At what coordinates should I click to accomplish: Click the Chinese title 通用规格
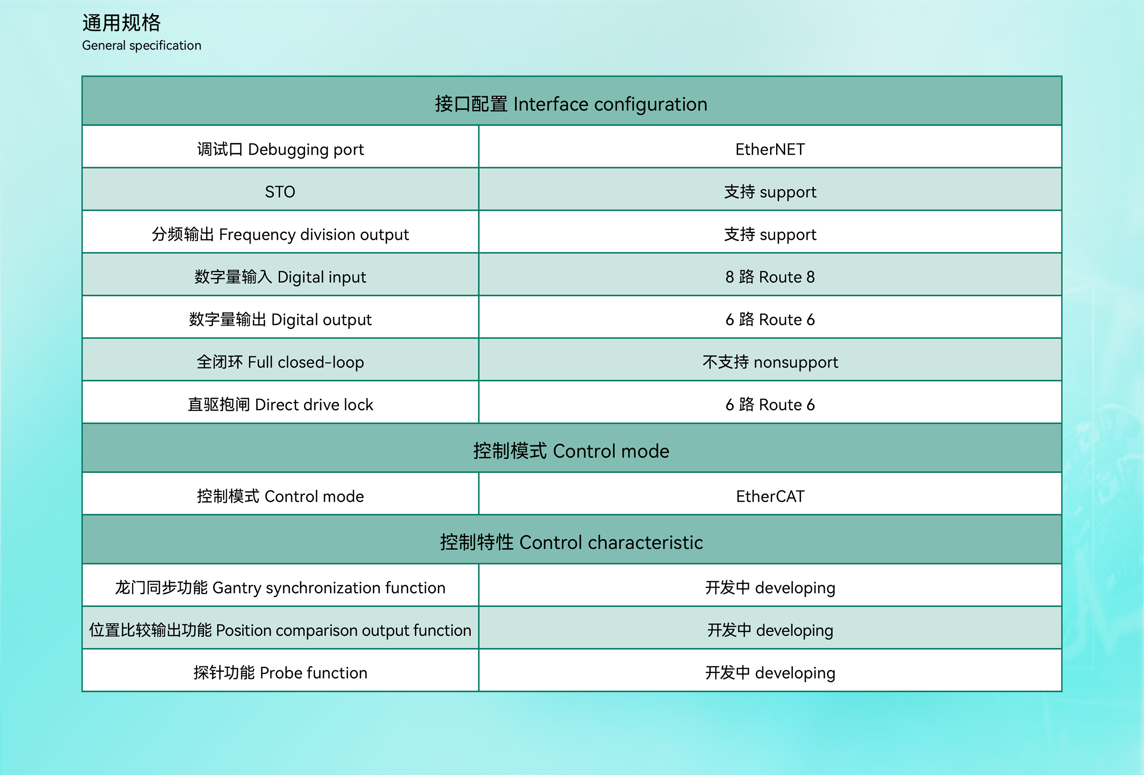122,23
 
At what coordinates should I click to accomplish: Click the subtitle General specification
142,46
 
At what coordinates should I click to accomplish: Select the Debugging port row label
280,149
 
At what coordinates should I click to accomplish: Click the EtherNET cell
770,149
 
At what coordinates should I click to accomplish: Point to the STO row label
280,192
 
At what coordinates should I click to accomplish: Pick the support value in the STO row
770,192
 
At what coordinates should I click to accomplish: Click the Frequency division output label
280,235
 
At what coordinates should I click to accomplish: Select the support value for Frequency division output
770,235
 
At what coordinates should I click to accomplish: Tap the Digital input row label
280,277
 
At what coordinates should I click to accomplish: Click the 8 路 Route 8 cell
770,277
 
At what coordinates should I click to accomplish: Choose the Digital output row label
280,320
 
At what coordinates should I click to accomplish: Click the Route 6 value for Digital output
770,320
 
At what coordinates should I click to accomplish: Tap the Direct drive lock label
280,404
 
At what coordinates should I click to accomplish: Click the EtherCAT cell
770,496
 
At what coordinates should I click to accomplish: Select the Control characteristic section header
571,542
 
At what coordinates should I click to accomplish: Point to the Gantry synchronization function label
280,588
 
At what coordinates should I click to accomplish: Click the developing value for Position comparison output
770,630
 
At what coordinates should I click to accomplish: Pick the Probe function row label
280,672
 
